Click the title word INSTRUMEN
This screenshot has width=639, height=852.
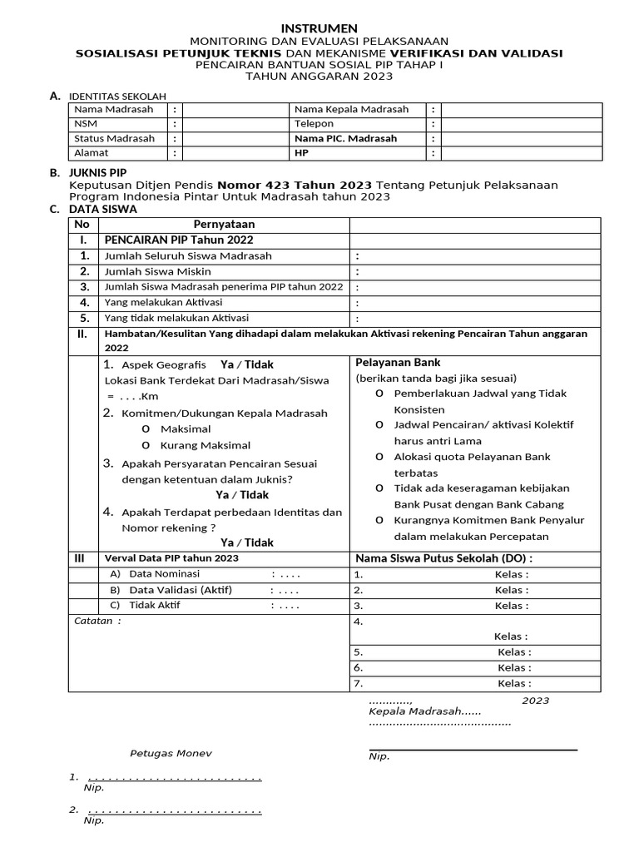[319, 27]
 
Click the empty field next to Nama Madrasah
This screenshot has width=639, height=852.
[235, 110]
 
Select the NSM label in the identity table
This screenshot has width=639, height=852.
[85, 124]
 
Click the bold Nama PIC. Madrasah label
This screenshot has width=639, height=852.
[346, 139]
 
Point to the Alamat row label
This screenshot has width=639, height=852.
[92, 153]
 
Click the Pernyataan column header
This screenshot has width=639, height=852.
[224, 225]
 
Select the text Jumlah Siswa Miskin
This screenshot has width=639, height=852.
[157, 271]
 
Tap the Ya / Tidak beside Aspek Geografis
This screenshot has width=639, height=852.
[247, 364]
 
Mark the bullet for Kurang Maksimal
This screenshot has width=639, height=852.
[146, 445]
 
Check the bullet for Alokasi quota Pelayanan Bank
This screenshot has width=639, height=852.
[379, 457]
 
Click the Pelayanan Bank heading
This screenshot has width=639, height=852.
[398, 363]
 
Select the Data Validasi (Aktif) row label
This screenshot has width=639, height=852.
[181, 590]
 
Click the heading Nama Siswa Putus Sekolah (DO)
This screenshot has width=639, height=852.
[443, 557]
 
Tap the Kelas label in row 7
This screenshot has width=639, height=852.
[513, 683]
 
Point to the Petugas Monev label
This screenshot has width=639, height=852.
[171, 753]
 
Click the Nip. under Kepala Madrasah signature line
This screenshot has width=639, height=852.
[379, 756]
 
